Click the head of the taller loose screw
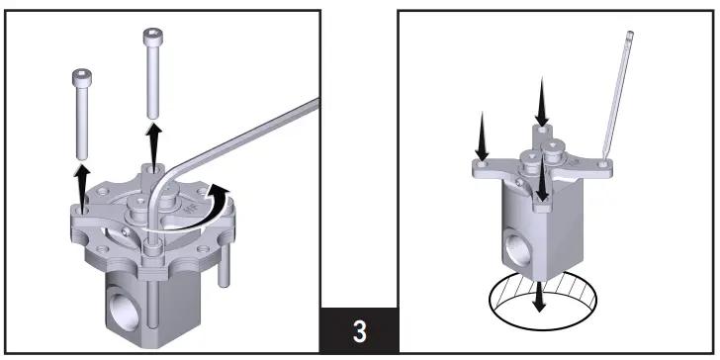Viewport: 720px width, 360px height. pos(152,37)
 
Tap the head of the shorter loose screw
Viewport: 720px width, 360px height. pos(81,77)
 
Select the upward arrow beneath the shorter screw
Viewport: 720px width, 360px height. pos(82,186)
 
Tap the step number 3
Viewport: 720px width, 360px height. pos(360,331)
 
